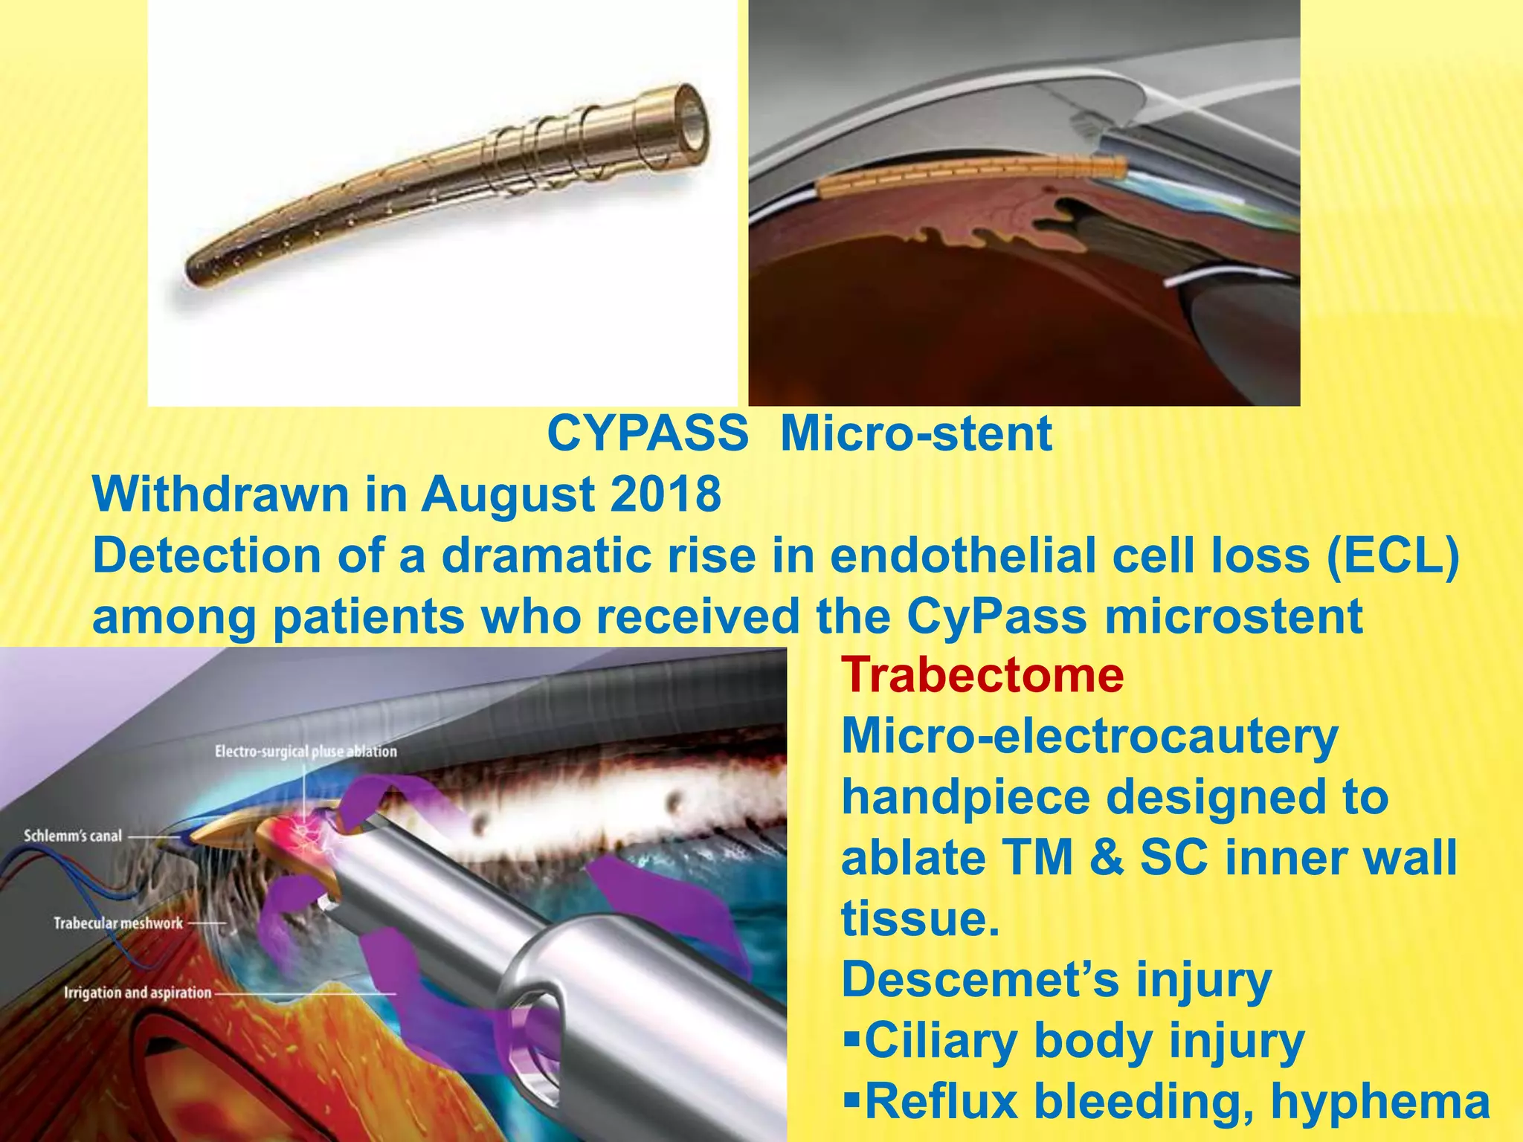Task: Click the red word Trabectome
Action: point(982,675)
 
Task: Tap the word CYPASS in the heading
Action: point(648,433)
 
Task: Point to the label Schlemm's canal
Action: point(73,836)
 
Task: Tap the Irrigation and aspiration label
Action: point(138,993)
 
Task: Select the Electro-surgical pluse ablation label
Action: point(306,752)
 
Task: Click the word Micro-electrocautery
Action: point(1089,736)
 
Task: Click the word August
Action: point(508,495)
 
